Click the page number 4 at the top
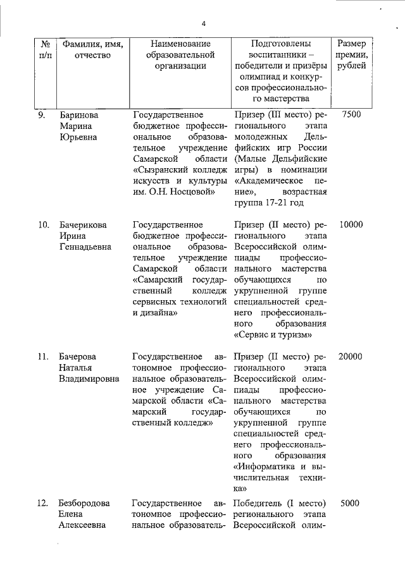tap(204, 24)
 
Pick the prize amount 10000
tap(351, 224)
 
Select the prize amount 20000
tap(351, 356)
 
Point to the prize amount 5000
tap(351, 503)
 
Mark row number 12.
tap(43, 503)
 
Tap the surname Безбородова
tap(88, 503)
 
